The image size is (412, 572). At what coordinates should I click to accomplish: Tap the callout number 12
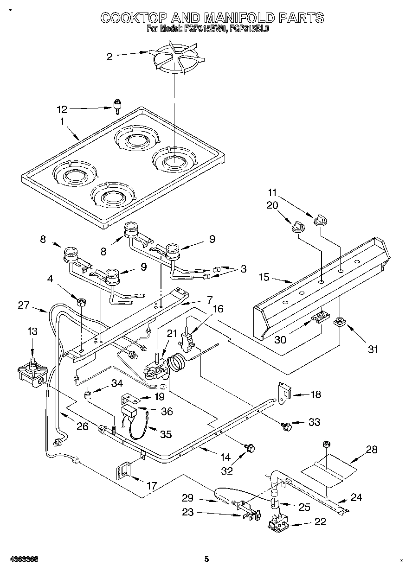tap(62, 110)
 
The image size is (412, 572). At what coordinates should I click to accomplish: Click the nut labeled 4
tap(82, 302)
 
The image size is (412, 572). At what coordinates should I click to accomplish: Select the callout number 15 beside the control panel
tap(264, 278)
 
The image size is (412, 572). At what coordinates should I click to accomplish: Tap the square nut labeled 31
tap(340, 321)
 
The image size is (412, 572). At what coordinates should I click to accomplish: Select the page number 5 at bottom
tap(206, 559)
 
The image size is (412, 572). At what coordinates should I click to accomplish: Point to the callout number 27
tap(23, 305)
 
